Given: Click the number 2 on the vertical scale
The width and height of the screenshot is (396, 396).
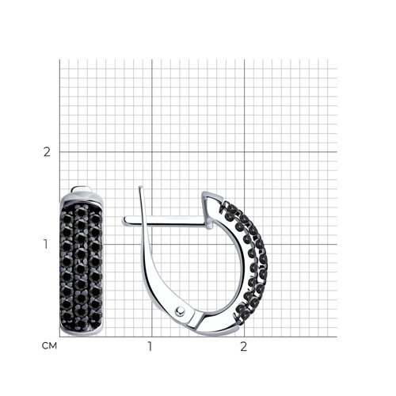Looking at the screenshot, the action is coord(47,152).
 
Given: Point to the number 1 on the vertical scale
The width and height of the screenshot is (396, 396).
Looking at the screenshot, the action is coord(46,244).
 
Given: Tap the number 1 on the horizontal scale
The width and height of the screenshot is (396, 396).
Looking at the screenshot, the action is coord(150,346).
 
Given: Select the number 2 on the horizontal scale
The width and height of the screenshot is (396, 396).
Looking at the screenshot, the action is coord(244,346).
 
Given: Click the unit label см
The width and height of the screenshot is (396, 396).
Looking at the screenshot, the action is coord(49,345).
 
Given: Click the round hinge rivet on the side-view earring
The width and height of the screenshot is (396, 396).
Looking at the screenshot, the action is coord(181,311).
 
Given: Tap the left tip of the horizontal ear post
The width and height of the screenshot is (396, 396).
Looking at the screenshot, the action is coord(124,221).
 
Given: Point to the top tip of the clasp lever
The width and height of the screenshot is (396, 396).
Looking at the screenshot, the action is coord(141,187).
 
